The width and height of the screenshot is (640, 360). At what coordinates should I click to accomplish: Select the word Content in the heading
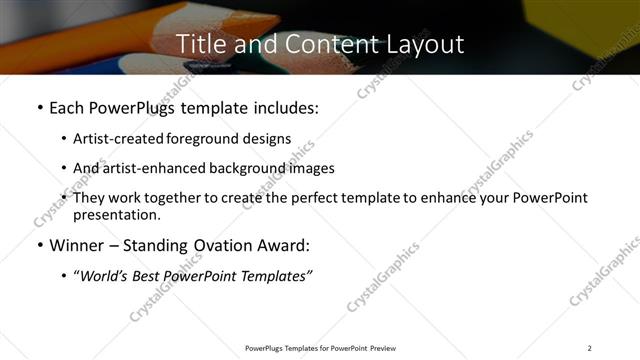pyautogui.click(x=324, y=44)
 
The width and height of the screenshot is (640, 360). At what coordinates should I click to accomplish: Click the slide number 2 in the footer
pyautogui.click(x=589, y=347)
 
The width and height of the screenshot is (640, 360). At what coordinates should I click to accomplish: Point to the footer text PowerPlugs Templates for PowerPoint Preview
pyautogui.click(x=320, y=347)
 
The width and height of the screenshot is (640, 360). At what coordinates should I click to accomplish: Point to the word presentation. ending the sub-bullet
pyautogui.click(x=116, y=215)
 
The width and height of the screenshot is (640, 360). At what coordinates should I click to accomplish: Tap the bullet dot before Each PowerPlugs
pyautogui.click(x=39, y=108)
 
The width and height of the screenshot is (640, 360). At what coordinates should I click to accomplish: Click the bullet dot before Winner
pyautogui.click(x=39, y=246)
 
